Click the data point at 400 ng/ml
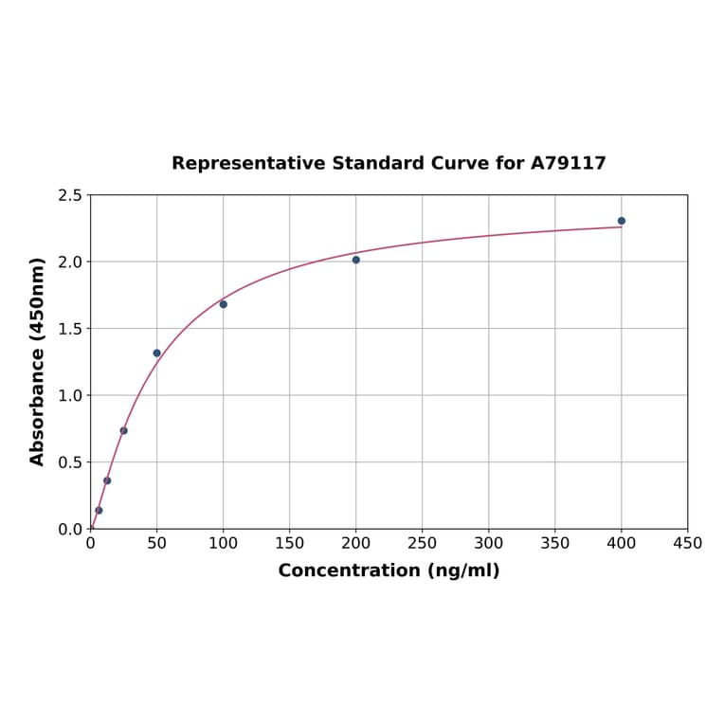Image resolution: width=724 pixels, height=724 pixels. tap(622, 221)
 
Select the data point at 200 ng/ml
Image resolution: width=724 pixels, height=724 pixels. tap(356, 260)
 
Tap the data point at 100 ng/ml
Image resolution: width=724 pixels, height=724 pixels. tap(224, 304)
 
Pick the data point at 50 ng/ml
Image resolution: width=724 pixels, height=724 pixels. tap(157, 353)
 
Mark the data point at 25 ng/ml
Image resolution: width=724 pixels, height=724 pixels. tap(124, 430)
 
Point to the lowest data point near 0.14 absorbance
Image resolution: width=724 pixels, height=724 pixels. tap(99, 511)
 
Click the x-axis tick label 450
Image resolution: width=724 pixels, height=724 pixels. tap(687, 544)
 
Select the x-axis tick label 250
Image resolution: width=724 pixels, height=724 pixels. tap(423, 544)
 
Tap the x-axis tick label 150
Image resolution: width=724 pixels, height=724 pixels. tap(290, 544)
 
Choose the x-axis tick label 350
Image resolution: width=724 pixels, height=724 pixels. tap(555, 544)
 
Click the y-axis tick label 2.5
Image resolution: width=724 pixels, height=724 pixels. tap(70, 195)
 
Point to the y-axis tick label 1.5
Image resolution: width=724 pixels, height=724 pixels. tap(70, 329)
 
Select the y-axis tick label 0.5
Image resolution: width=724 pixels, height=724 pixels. tap(70, 462)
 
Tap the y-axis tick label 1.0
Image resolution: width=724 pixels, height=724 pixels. tap(70, 395)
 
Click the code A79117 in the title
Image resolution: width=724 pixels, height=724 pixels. tap(568, 164)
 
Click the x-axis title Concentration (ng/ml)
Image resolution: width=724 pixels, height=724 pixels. tap(389, 570)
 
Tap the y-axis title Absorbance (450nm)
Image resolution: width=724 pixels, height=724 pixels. tap(38, 361)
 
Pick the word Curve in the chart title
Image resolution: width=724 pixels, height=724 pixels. tap(460, 164)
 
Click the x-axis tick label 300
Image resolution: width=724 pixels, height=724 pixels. tap(489, 544)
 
